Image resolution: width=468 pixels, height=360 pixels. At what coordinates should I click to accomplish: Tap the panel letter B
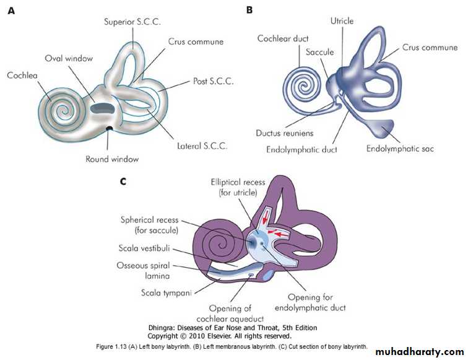[249, 10]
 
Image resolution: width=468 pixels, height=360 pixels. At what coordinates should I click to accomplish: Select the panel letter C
[123, 182]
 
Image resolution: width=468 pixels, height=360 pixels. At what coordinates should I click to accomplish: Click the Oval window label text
[68, 59]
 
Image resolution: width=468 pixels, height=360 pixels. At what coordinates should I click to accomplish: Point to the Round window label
[112, 159]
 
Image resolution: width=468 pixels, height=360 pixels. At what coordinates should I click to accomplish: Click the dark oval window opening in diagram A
[100, 108]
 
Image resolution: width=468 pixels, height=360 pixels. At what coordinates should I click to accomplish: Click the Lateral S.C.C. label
[202, 146]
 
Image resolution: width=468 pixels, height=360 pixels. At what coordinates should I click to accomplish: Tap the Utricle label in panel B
[342, 21]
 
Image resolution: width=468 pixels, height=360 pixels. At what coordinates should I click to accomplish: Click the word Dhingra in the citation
[164, 327]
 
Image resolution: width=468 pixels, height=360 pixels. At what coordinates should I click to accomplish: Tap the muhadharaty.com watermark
[417, 351]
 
